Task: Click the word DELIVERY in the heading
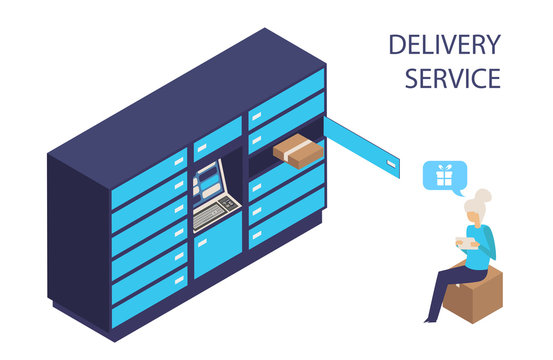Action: tap(443, 45)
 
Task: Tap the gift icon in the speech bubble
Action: tap(440, 176)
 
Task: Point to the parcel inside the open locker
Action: tap(299, 150)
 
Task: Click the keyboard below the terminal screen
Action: tap(215, 210)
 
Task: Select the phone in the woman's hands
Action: tap(461, 241)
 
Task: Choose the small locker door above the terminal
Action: tap(217, 136)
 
